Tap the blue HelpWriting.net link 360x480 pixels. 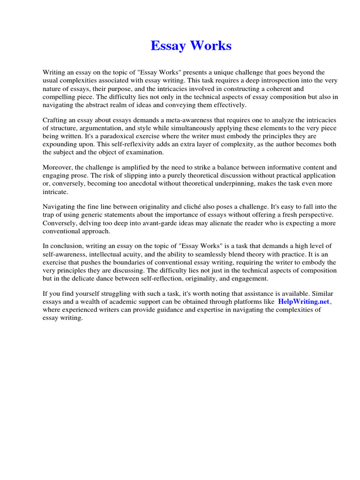[304, 301]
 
